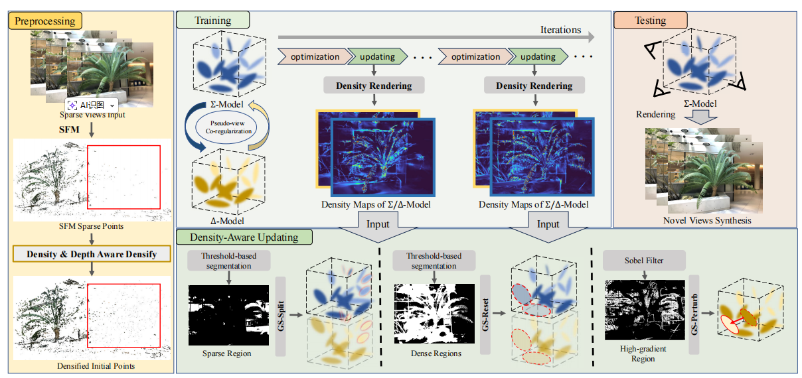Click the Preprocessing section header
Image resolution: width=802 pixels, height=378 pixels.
(x=44, y=21)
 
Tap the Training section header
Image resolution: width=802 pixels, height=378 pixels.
(x=212, y=21)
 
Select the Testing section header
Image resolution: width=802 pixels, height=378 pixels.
(x=650, y=21)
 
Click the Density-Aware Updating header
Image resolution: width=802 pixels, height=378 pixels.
(x=244, y=237)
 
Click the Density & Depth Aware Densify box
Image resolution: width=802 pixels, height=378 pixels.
(x=92, y=255)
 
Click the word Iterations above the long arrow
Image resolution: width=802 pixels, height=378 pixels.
(x=560, y=30)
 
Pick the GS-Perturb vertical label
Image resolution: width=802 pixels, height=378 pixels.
(x=694, y=312)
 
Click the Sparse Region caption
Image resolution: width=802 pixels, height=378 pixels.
(x=227, y=353)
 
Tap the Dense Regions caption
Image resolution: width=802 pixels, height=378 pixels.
(x=437, y=353)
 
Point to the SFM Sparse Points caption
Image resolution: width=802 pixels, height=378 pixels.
(x=92, y=226)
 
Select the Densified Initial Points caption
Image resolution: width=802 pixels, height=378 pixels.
(x=92, y=366)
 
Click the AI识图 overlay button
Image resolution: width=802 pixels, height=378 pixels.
(x=92, y=105)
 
